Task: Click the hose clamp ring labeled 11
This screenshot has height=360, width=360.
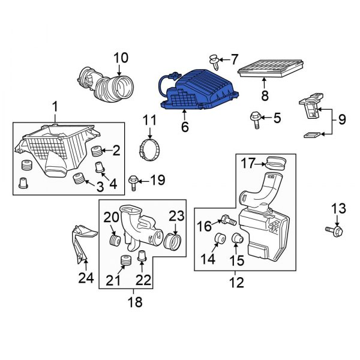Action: pyautogui.click(x=149, y=147)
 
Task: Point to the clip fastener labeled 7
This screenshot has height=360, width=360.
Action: pyautogui.click(x=214, y=59)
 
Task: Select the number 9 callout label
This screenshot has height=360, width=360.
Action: pyautogui.click(x=341, y=119)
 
